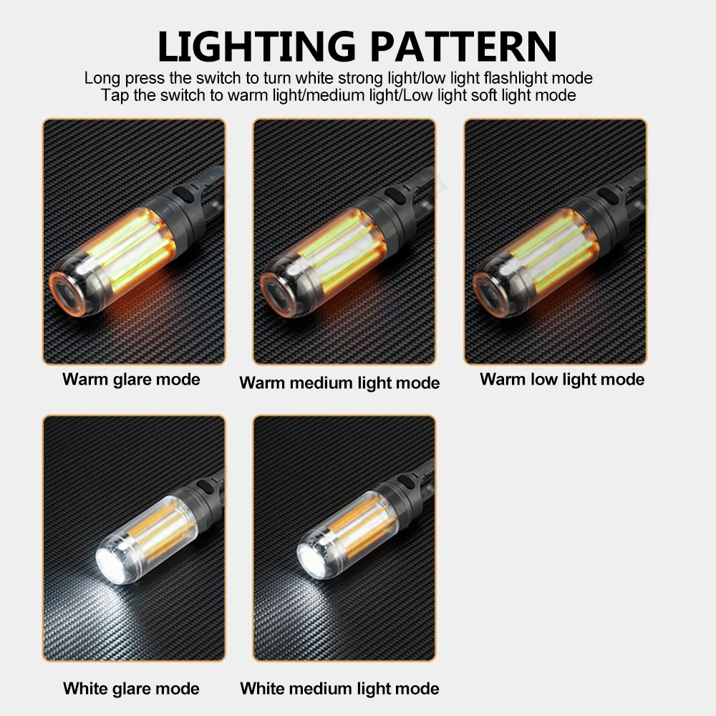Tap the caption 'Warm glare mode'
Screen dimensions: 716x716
[131, 379]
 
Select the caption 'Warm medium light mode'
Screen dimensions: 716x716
[339, 383]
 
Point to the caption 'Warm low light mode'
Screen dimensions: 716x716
[562, 379]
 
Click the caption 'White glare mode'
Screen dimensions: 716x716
[131, 689]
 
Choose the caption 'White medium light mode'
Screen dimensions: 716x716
[339, 689]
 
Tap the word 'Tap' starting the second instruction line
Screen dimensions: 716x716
[114, 95]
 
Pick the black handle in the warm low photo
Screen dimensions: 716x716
[616, 200]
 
